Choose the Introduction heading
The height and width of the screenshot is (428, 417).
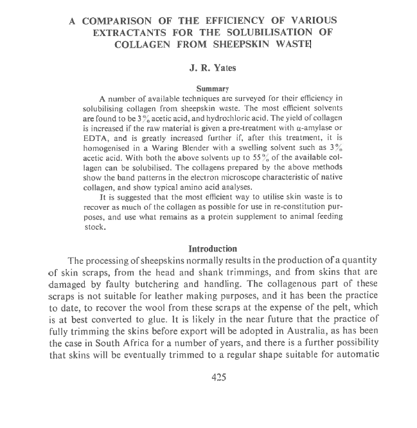[213, 248]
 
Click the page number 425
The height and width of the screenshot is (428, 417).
[218, 378]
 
